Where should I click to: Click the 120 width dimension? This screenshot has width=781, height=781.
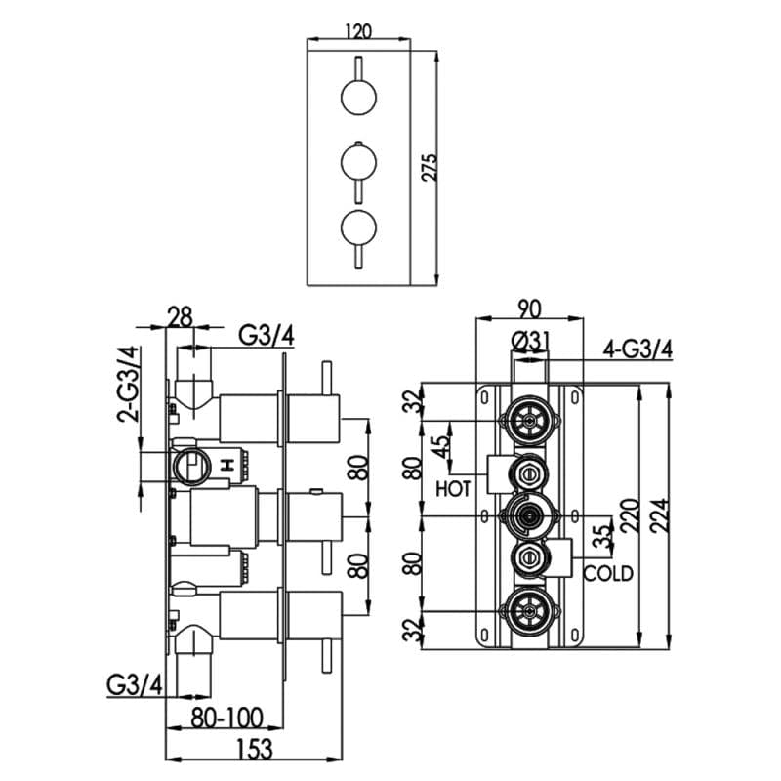pos(358,30)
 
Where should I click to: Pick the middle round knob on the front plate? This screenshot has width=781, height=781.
pos(357,160)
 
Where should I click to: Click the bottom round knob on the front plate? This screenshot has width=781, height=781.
pos(357,226)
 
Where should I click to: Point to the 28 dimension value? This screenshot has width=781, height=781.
pos(181,316)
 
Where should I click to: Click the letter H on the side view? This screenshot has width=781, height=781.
pos(229,466)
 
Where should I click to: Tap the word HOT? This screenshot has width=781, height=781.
pos(455,487)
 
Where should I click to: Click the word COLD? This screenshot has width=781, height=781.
pos(608,574)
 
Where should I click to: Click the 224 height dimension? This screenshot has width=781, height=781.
pos(662,514)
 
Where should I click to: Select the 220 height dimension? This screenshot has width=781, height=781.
pos(630,514)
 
